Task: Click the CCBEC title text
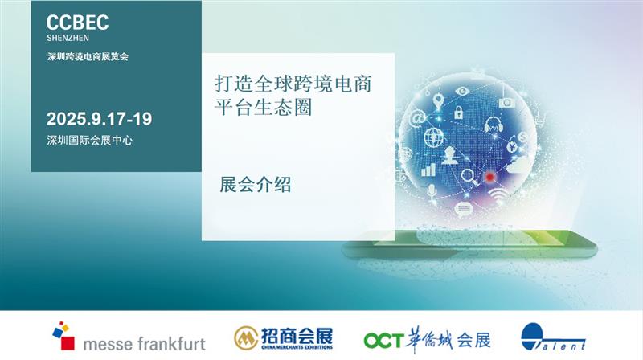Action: click(77, 22)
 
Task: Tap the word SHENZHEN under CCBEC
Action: click(68, 38)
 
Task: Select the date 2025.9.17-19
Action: click(99, 119)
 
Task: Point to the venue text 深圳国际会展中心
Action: click(89, 141)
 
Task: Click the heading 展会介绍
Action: click(256, 185)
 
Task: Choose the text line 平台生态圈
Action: click(264, 108)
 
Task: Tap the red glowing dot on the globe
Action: click(489, 177)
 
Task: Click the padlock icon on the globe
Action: click(458, 112)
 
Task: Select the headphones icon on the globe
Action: click(494, 125)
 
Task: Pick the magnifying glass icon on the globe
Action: click(469, 178)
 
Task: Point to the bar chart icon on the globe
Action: click(428, 170)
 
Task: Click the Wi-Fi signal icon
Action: click(498, 197)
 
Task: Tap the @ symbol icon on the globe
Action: click(417, 119)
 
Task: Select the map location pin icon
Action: click(438, 101)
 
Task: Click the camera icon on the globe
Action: click(507, 103)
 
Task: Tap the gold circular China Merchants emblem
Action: click(246, 338)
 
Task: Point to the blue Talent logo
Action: click(552, 337)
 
